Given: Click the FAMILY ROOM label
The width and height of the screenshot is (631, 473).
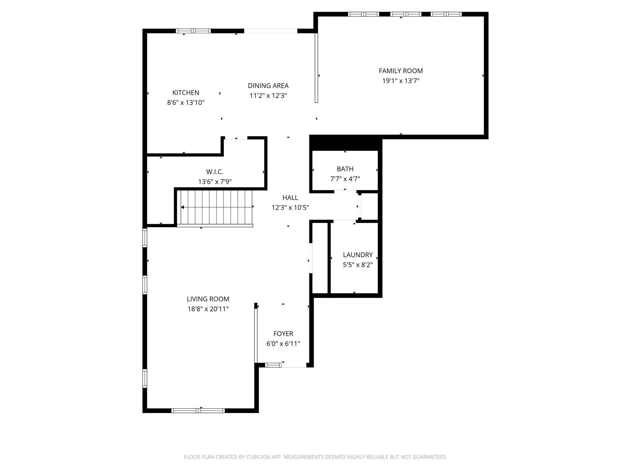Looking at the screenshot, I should point(401,71).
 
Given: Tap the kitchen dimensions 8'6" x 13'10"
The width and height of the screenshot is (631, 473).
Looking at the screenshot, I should point(186,103).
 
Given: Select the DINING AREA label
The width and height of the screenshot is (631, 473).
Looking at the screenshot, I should point(268,86).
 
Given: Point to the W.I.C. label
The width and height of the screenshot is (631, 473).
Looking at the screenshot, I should point(215,172).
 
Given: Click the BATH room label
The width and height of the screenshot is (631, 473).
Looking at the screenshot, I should point(345,169).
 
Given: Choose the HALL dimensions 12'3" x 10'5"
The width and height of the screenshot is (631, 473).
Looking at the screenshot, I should point(290,208).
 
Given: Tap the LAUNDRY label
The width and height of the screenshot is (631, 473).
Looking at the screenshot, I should point(358,255).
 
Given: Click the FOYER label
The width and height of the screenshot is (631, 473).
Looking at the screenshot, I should point(283,334).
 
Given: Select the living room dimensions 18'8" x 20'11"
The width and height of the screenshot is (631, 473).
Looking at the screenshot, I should point(208,309).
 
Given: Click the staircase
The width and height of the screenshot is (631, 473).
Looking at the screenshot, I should point(216,207).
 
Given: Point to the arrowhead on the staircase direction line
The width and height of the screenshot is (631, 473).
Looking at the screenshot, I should point(183,207).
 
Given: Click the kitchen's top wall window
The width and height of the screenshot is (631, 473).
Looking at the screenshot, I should point(193,31).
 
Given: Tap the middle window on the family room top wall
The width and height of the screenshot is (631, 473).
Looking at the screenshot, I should point(405,14).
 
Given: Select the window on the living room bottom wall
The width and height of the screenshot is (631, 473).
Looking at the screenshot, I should point(198,410).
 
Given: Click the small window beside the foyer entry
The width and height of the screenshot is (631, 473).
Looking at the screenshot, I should point(273,365).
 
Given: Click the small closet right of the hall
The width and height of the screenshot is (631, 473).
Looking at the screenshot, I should point(369,207).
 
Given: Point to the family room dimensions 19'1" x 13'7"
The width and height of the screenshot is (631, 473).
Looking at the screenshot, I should point(401,81).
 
